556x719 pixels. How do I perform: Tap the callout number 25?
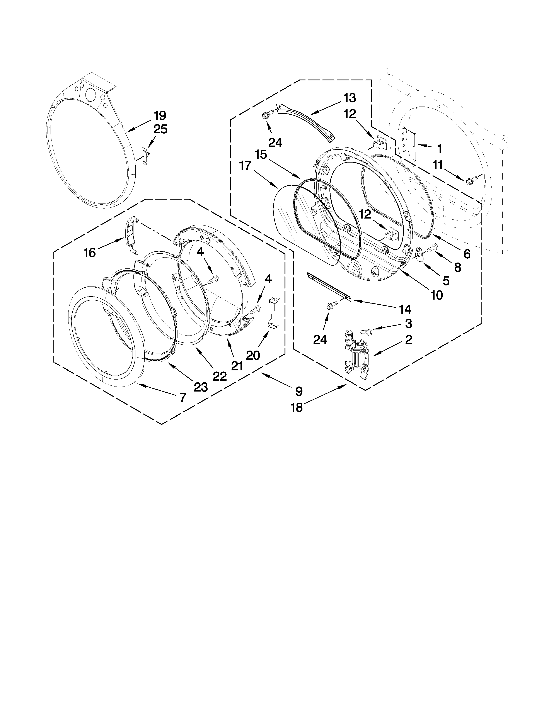tap(160, 129)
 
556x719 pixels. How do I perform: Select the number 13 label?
tap(350, 98)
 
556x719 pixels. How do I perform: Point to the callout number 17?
tap(245, 166)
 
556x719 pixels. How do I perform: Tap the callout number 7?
tap(182, 397)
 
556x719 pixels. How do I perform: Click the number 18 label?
tap(297, 408)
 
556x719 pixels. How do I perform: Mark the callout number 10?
tap(437, 295)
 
